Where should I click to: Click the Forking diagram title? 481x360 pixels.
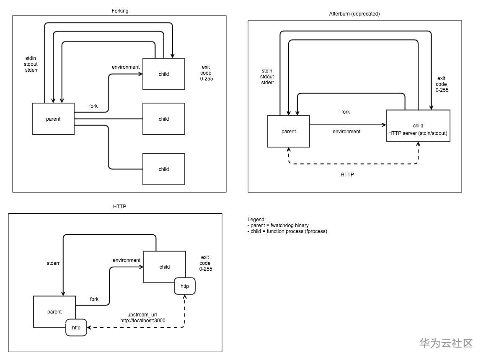(x=120, y=10)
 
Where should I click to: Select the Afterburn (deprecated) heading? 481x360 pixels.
(x=354, y=14)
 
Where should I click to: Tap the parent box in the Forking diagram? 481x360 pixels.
(x=53, y=119)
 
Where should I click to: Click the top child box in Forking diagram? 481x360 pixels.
(x=164, y=74)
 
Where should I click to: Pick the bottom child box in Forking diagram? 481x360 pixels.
(x=164, y=169)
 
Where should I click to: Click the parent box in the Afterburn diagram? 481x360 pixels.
(x=289, y=132)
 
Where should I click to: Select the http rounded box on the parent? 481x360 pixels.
(x=76, y=328)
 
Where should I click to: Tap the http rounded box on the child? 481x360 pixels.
(x=185, y=286)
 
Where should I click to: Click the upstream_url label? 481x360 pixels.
(x=142, y=314)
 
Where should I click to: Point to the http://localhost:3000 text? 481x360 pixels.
(x=143, y=321)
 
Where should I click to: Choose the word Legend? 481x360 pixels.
(x=257, y=220)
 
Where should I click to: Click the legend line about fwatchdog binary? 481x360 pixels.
(x=278, y=225)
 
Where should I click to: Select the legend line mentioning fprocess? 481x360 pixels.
(x=287, y=231)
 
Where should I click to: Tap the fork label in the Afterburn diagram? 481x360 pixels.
(x=346, y=112)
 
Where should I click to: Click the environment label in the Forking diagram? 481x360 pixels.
(x=126, y=67)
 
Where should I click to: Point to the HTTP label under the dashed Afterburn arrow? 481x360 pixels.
(x=347, y=174)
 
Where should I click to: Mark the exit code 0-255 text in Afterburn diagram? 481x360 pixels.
(x=442, y=84)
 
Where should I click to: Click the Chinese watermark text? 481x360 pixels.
(x=446, y=343)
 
